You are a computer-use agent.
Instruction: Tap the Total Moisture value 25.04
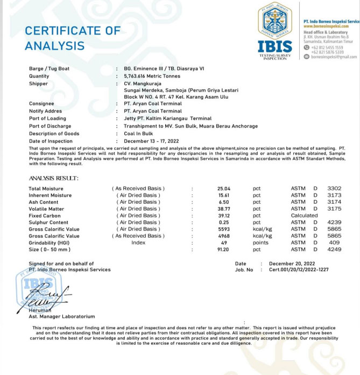tap(224, 189)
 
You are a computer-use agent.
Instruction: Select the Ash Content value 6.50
tap(224, 202)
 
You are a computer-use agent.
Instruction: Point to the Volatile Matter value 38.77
tap(224, 209)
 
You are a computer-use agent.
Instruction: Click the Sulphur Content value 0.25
tap(224, 222)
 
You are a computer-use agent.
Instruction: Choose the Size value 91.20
tap(224, 249)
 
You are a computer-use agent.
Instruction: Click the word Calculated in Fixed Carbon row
tap(305, 216)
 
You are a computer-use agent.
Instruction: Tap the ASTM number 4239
tap(334, 222)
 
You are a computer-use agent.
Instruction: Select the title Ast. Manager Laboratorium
tap(61, 316)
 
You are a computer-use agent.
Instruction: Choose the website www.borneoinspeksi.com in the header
tap(326, 26)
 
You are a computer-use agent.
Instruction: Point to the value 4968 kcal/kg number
tap(224, 236)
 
